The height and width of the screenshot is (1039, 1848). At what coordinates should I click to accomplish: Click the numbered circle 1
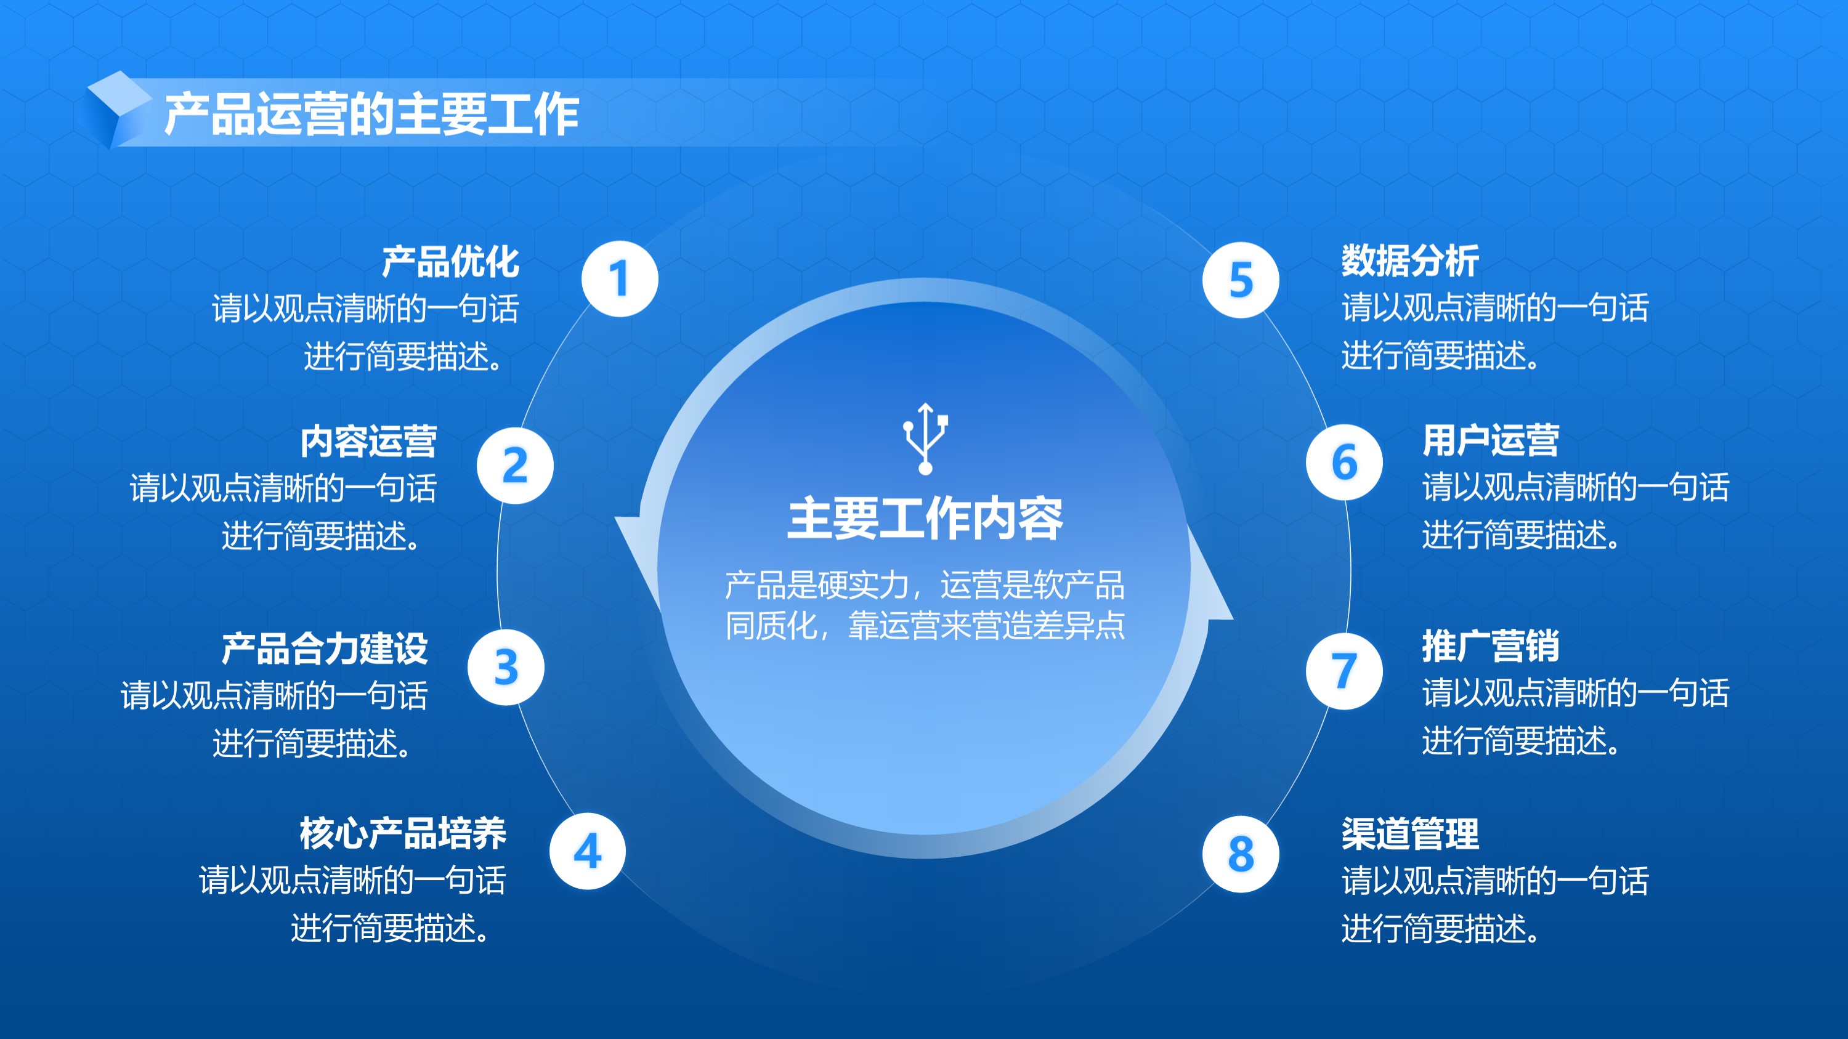620,279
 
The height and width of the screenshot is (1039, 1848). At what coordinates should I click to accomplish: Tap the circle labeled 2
515,466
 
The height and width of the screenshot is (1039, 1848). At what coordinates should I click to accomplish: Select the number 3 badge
506,668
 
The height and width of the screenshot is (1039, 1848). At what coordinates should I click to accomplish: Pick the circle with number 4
588,851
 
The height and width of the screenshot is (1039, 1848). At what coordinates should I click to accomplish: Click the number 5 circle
1241,280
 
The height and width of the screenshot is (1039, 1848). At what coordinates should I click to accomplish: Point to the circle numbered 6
1344,463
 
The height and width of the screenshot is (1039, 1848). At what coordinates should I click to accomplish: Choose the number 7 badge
1344,671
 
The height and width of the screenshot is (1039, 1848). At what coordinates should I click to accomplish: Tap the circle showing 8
1241,854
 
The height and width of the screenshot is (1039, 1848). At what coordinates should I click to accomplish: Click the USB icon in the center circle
925,438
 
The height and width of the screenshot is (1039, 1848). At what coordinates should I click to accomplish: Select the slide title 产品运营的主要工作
371,114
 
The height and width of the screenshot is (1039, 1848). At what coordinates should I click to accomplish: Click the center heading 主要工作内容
925,519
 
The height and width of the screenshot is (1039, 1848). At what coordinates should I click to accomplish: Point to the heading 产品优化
450,261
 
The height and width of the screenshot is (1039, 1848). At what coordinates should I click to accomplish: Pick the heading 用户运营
1491,440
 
